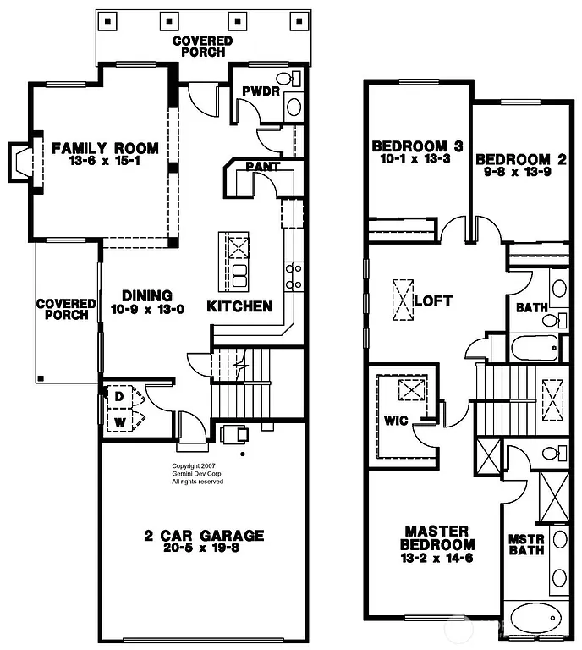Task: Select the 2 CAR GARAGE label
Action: [203, 535]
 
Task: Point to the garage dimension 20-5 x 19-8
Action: [203, 548]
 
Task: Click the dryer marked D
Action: [118, 396]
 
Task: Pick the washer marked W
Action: [118, 421]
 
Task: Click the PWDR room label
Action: [260, 91]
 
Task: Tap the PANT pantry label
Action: [263, 167]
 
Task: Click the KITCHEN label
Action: [239, 306]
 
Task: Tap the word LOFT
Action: [433, 300]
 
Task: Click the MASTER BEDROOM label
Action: [436, 537]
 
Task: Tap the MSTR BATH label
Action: [524, 543]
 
